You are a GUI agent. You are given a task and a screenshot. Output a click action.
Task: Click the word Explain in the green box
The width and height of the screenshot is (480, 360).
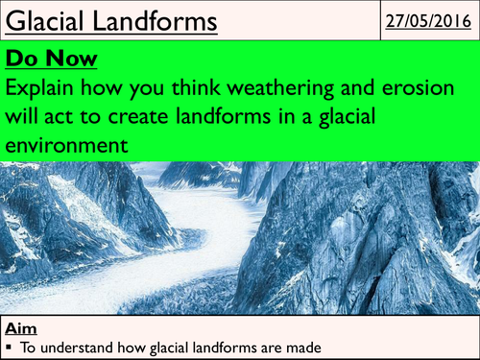pyautogui.click(x=42, y=91)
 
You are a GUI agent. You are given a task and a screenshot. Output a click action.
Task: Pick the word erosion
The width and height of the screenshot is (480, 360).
pyautogui.click(x=429, y=91)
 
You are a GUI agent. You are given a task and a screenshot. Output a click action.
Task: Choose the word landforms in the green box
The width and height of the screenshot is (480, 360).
pyautogui.click(x=251, y=119)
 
